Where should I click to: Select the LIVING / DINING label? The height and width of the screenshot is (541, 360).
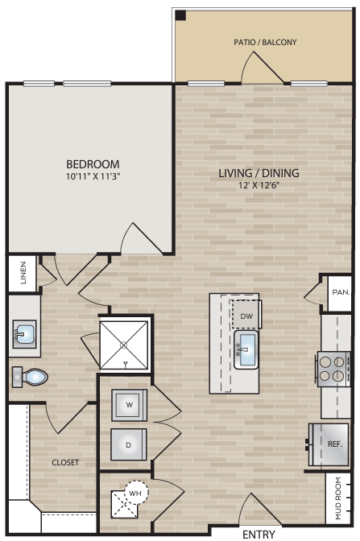(259, 172)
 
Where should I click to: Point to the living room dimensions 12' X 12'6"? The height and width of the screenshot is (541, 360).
(259, 184)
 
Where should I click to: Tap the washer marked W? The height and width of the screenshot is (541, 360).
(129, 405)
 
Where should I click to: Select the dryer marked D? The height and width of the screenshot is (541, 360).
(129, 444)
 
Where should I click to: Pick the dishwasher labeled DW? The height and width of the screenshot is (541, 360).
(246, 316)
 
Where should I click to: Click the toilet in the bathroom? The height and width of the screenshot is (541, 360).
(32, 376)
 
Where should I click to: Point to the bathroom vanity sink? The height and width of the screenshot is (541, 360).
(23, 332)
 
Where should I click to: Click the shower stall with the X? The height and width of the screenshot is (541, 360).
(124, 344)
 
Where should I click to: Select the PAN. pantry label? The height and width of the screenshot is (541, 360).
(340, 293)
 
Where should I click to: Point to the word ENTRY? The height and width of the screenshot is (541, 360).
(259, 534)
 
